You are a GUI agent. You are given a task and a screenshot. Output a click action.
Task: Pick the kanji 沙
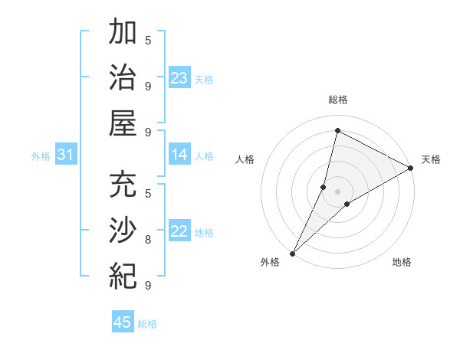click(123, 230)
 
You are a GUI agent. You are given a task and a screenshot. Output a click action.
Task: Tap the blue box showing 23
click(179, 78)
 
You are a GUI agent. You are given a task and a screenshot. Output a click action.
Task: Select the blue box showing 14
click(179, 155)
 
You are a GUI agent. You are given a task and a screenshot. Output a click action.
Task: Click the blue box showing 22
click(179, 231)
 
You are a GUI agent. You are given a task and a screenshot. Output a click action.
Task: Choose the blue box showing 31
click(65, 155)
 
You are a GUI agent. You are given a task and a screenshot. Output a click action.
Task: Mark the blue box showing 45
click(123, 322)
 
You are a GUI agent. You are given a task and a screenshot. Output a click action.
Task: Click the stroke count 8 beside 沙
click(148, 240)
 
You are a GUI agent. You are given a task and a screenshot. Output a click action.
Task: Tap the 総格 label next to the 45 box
click(147, 324)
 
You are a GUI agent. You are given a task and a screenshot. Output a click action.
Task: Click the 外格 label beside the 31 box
click(41, 156)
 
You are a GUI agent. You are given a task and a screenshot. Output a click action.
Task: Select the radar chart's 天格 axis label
click(431, 159)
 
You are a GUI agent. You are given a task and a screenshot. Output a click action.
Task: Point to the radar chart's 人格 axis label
click(245, 159)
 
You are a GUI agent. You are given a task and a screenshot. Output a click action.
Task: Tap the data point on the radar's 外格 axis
click(292, 253)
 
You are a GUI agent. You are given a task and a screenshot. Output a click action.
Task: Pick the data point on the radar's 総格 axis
click(337, 131)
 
